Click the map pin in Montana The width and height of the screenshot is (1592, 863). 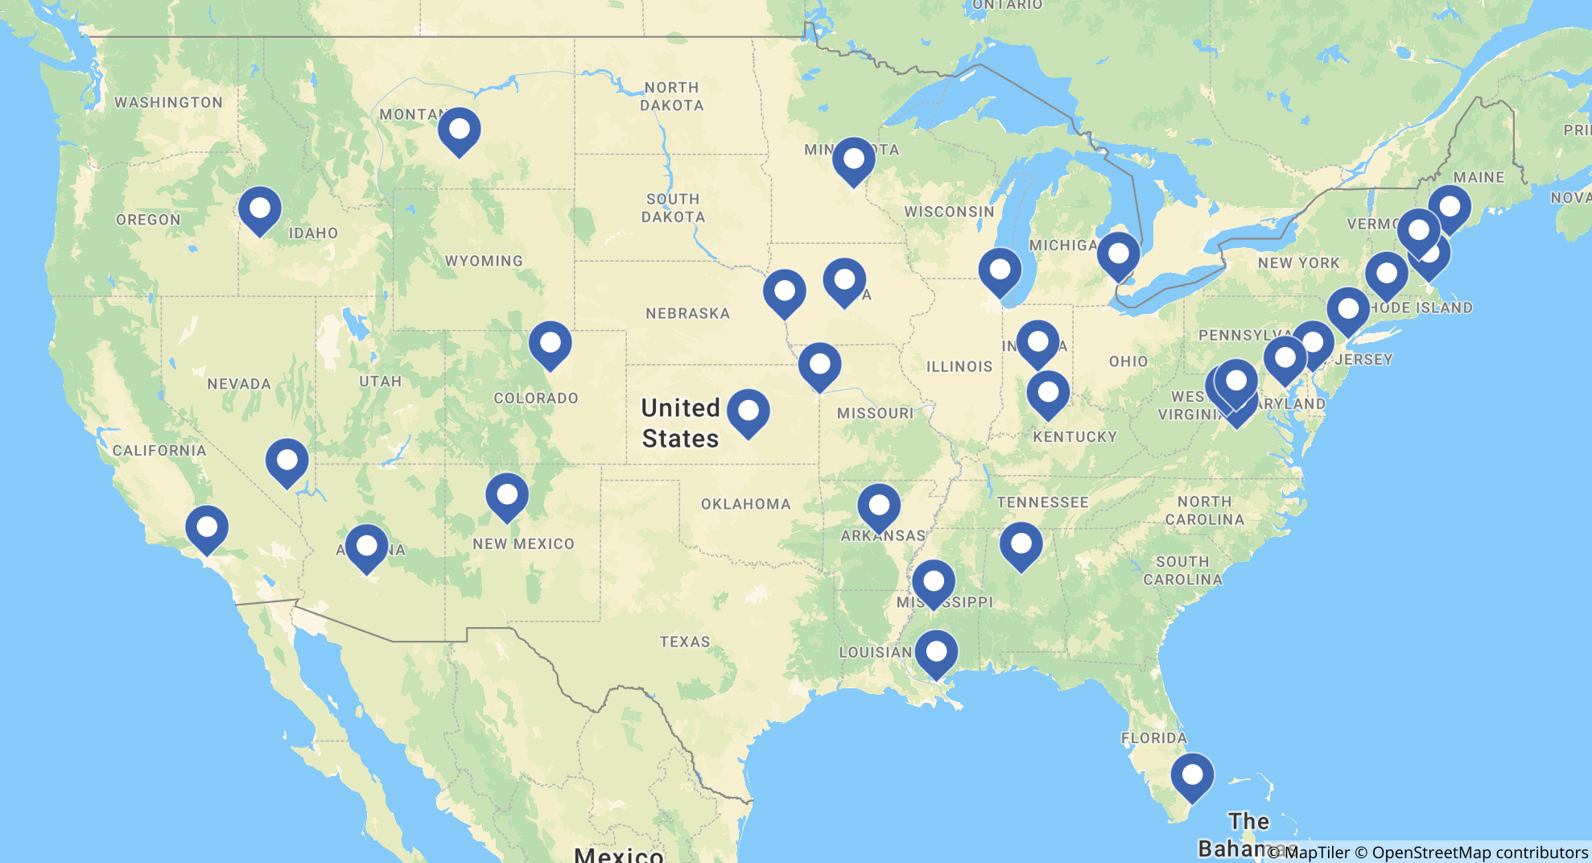[460, 130]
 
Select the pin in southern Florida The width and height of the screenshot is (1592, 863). [1192, 776]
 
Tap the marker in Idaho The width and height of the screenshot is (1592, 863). [260, 209]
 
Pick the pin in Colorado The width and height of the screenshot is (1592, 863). [551, 344]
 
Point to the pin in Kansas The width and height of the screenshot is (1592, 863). [749, 412]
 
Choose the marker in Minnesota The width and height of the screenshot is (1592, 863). [854, 160]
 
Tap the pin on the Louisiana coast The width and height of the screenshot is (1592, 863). [936, 653]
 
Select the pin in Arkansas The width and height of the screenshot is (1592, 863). [879, 506]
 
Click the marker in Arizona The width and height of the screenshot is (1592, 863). [367, 547]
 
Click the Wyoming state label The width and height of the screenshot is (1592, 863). [484, 261]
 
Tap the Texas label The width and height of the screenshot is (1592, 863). [685, 642]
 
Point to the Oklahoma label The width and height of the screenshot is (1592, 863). [745, 504]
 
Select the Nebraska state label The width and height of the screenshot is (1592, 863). [687, 313]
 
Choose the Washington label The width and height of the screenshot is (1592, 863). [168, 102]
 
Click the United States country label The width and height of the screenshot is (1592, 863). [680, 423]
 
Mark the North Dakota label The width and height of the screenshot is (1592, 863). [671, 96]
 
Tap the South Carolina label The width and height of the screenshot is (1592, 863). [1182, 570]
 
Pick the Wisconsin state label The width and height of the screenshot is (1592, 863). [949, 212]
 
